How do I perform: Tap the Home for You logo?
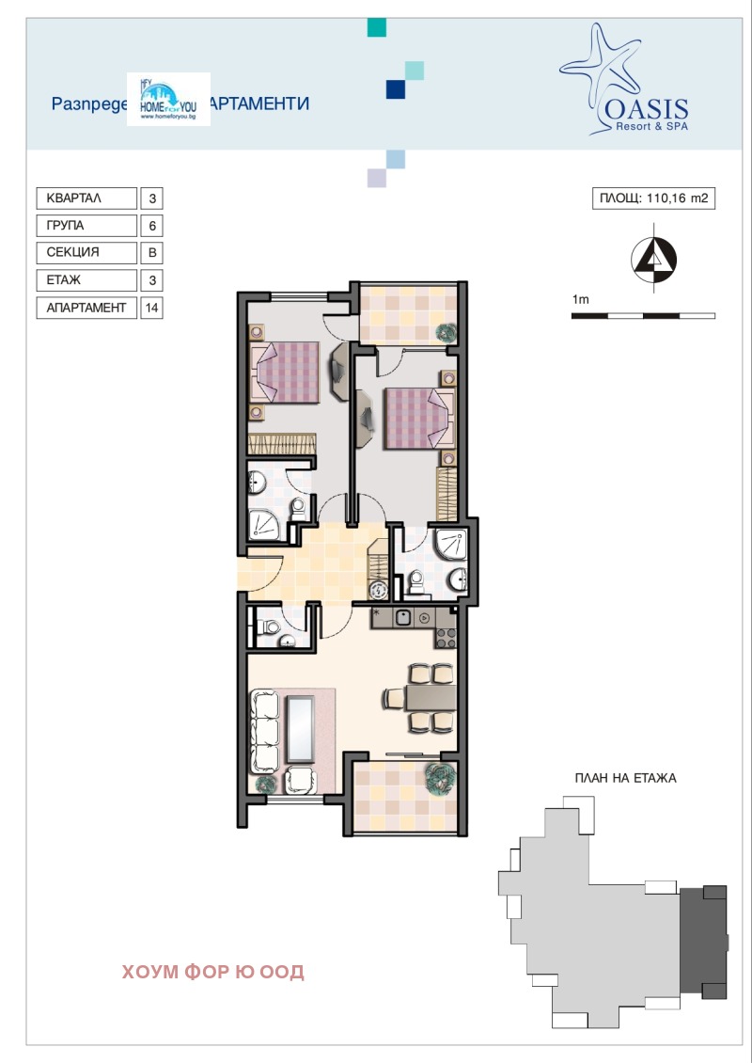pyautogui.click(x=168, y=101)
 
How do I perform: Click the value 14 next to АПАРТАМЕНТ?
pyautogui.click(x=151, y=308)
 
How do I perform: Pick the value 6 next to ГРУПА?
pyautogui.click(x=151, y=226)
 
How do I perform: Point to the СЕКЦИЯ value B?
pyautogui.click(x=151, y=253)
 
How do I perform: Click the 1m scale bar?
pyautogui.click(x=643, y=315)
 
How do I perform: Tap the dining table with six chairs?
pyautogui.click(x=419, y=697)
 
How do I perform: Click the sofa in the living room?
pyautogui.click(x=264, y=729)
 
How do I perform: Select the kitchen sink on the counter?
pyautogui.click(x=402, y=618)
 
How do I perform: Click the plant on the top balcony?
pyautogui.click(x=446, y=331)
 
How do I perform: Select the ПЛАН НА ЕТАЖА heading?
pyautogui.click(x=625, y=778)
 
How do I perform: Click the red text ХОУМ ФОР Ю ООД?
pyautogui.click(x=213, y=972)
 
